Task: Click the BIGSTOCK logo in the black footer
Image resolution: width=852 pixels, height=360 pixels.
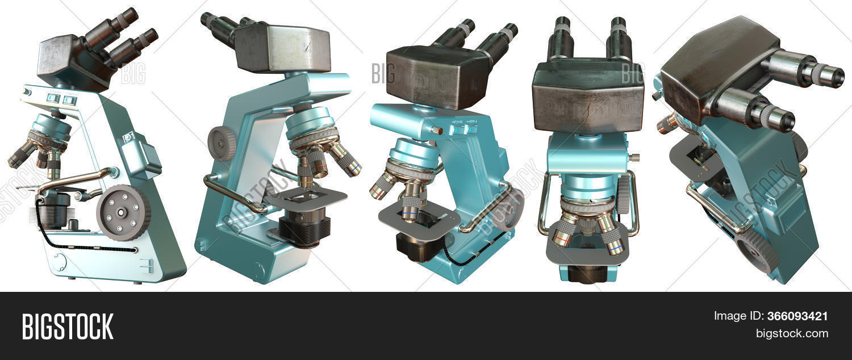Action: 67,326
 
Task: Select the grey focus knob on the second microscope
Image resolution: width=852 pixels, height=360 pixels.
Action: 222,143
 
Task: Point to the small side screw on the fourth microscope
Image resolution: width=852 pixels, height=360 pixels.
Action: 636,157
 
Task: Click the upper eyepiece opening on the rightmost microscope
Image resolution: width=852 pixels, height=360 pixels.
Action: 830,76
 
